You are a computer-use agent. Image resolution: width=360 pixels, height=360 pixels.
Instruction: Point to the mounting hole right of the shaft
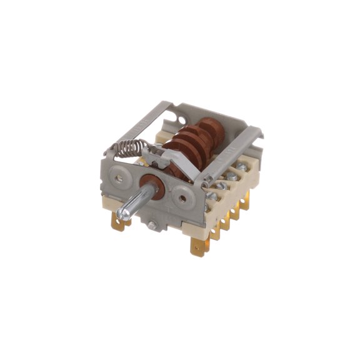[182, 198]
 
